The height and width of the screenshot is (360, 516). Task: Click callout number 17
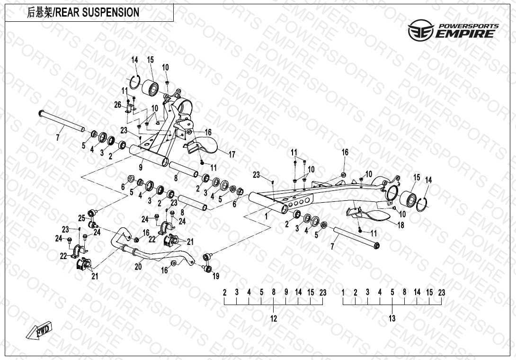pyautogui.click(x=232, y=154)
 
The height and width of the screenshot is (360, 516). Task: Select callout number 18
pyautogui.click(x=400, y=225)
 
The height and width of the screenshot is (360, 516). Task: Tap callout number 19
pyautogui.click(x=216, y=276)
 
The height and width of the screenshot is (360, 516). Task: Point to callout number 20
pyautogui.click(x=138, y=267)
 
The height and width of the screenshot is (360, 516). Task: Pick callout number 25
pyautogui.click(x=81, y=218)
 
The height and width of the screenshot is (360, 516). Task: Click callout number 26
pyautogui.click(x=118, y=104)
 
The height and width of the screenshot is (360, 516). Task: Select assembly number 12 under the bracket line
pyautogui.click(x=274, y=319)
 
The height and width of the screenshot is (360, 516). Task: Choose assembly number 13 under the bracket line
pyautogui.click(x=392, y=319)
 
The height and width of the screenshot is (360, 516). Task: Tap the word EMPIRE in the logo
pyautogui.click(x=466, y=34)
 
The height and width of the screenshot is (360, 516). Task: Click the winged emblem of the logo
pyautogui.click(x=420, y=30)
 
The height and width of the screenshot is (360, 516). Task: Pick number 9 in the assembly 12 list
pyautogui.click(x=286, y=292)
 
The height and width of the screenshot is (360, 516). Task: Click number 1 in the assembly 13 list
pyautogui.click(x=343, y=292)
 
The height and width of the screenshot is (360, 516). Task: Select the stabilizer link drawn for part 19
pyautogui.click(x=207, y=263)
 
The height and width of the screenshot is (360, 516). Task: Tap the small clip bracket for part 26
pyautogui.click(x=129, y=110)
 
